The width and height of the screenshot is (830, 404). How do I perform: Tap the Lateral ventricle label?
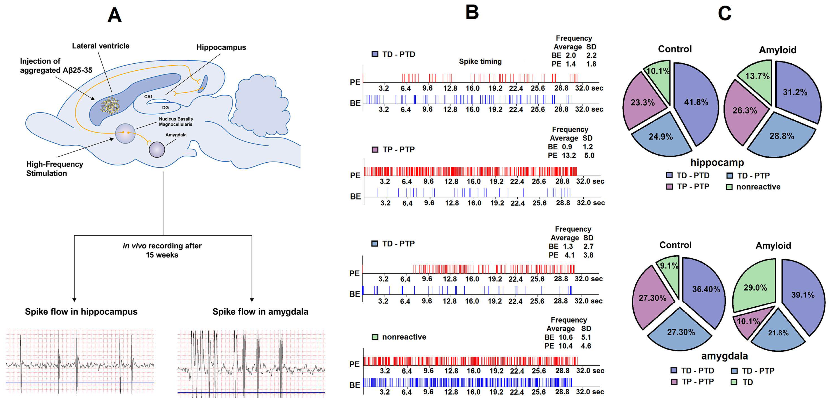(x=100, y=46)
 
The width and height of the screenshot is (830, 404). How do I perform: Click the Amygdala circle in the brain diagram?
(x=157, y=150)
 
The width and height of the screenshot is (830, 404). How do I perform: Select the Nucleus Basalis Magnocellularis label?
(x=176, y=122)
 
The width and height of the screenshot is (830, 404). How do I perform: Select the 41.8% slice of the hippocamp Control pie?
(x=696, y=102)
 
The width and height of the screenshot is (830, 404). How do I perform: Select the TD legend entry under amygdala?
(x=748, y=382)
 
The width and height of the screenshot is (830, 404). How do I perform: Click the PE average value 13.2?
(x=569, y=155)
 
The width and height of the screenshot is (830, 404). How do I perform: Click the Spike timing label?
(x=480, y=61)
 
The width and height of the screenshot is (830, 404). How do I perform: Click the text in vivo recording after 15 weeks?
(x=162, y=250)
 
